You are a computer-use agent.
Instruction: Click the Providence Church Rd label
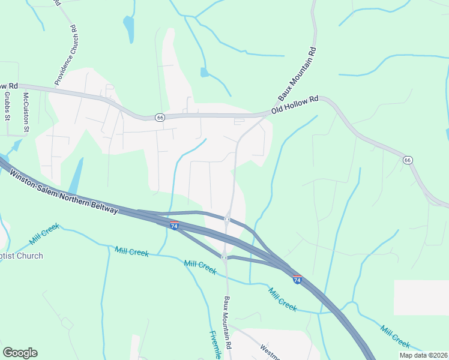(65, 55)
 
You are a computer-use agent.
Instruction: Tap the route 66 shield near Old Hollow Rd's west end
(159, 117)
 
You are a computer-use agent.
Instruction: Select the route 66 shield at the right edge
(408, 160)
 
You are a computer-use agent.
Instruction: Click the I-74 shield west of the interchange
(174, 225)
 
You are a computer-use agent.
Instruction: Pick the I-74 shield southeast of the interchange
(297, 279)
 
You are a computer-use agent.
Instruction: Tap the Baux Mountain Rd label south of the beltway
(228, 323)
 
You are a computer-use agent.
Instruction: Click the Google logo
(20, 353)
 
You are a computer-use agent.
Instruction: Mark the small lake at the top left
(128, 28)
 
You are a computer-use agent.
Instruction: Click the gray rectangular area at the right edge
(421, 297)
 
